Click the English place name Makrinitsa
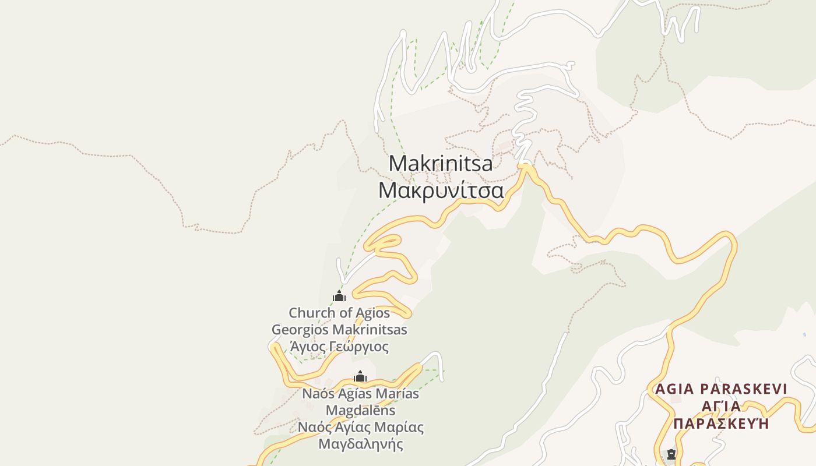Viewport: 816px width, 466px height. [x=440, y=163]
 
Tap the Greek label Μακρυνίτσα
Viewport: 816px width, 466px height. [x=441, y=190]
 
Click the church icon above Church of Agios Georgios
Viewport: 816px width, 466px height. [x=339, y=296]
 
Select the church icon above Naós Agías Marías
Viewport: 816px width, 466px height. [x=360, y=377]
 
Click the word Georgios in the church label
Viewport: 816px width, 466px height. [x=300, y=330]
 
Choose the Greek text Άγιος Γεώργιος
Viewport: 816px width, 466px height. [x=339, y=347]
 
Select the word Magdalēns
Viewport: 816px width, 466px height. [x=360, y=410]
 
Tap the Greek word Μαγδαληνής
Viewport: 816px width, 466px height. [x=360, y=444]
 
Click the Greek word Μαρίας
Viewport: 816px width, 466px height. [x=399, y=427]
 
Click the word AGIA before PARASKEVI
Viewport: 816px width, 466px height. [x=673, y=389]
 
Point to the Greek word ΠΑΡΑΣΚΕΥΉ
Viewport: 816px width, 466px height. [x=721, y=423]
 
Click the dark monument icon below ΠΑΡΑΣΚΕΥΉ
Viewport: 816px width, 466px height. [x=671, y=454]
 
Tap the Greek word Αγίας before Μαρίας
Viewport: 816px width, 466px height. [x=353, y=427]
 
